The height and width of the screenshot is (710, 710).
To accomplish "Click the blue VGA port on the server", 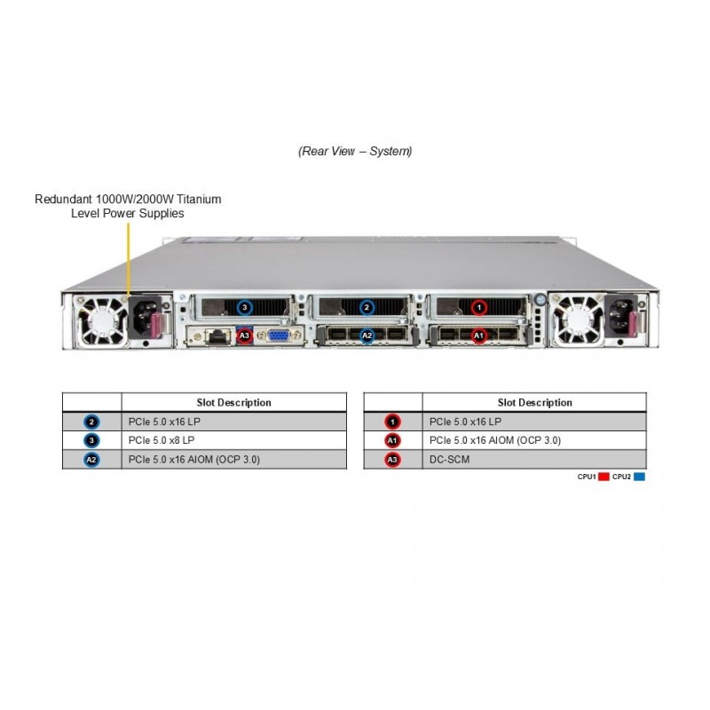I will tap(278, 336).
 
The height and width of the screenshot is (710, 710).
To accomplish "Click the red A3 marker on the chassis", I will tap(245, 335).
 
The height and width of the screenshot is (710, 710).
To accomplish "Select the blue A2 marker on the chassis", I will tap(367, 335).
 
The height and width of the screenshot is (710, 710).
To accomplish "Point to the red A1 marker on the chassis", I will tap(479, 335).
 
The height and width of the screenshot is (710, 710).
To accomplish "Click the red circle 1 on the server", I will tap(479, 308).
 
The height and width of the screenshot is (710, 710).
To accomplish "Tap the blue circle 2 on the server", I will tap(367, 308).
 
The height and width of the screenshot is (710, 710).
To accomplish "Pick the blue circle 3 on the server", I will tap(245, 308).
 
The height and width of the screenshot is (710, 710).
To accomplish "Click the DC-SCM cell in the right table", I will tap(533, 460).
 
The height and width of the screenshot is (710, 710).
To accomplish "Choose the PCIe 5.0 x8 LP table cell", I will tap(233, 440).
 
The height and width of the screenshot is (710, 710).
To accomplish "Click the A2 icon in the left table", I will tap(91, 460).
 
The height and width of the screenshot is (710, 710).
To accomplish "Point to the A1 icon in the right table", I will tap(393, 440).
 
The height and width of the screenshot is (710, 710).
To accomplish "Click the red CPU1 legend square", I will tap(603, 477).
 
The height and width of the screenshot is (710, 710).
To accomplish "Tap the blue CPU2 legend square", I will tap(640, 477).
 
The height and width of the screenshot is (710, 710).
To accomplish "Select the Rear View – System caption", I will tap(355, 152).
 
